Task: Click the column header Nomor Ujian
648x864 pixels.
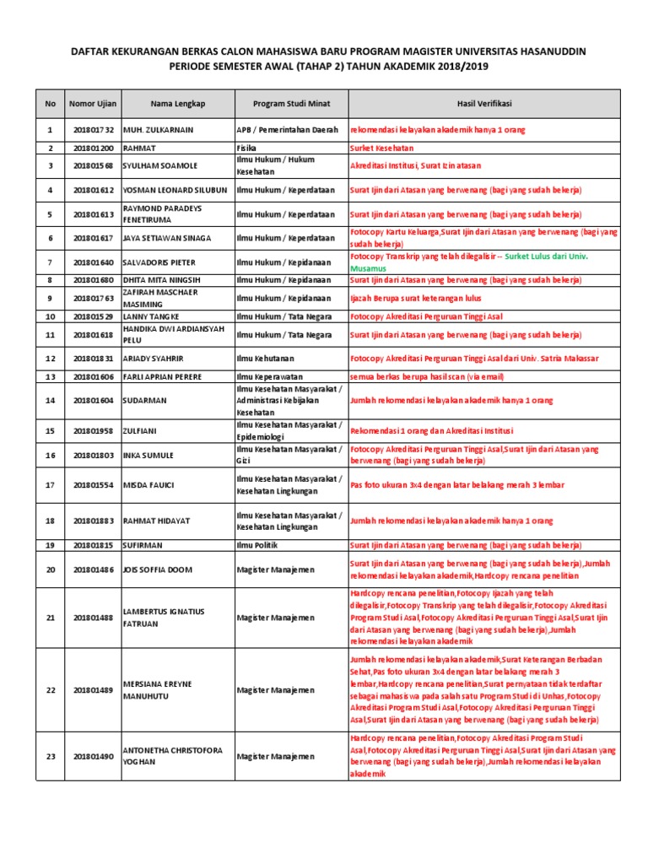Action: [93, 104]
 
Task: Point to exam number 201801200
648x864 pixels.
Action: [93, 148]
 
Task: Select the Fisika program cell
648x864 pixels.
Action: [247, 148]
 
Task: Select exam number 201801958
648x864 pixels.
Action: [93, 430]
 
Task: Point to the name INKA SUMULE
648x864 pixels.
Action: [148, 456]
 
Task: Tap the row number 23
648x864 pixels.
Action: [50, 756]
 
